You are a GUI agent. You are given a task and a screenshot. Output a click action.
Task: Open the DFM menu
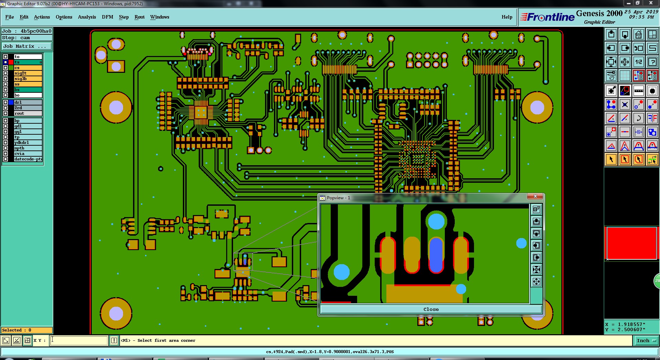(x=107, y=17)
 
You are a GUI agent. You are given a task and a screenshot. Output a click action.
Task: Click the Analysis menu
(x=87, y=17)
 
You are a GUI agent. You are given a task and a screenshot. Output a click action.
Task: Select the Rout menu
(x=139, y=17)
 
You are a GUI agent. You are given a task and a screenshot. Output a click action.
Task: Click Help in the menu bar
(x=507, y=17)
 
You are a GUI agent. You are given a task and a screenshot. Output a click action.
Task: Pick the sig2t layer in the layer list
(x=28, y=73)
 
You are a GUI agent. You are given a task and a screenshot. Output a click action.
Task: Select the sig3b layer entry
(x=28, y=79)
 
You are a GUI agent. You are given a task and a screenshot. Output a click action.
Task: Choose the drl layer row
(x=28, y=102)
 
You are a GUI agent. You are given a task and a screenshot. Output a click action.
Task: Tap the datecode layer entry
(x=28, y=159)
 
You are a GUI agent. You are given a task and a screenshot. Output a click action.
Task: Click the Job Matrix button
(x=27, y=46)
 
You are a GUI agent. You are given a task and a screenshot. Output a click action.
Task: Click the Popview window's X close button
(x=535, y=196)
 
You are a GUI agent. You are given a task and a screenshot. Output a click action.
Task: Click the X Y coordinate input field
(x=79, y=340)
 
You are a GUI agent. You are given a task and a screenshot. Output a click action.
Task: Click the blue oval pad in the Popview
(x=436, y=255)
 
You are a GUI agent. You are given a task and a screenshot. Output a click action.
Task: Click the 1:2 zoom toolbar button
(x=638, y=62)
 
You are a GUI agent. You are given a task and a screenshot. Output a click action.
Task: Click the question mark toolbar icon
(x=652, y=62)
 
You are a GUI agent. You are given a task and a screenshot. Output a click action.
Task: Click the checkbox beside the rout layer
(x=5, y=113)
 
